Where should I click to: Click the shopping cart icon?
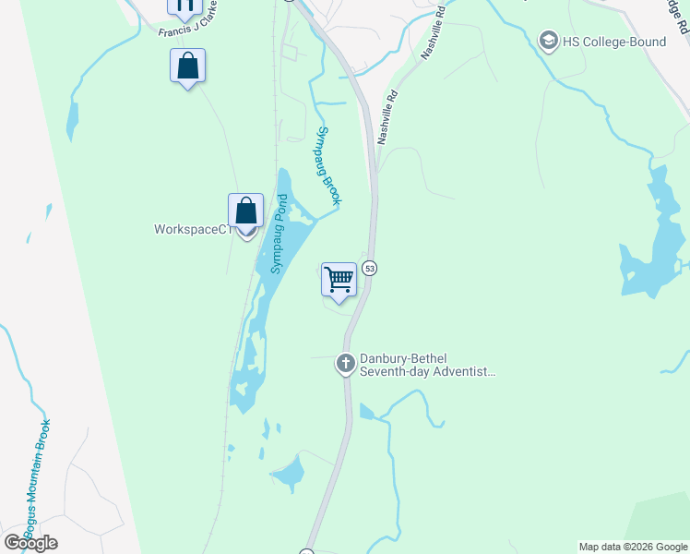(339, 279)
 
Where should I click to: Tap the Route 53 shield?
(369, 268)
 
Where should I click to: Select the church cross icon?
(346, 365)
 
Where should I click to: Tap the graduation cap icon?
(549, 42)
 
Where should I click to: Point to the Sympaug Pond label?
(279, 233)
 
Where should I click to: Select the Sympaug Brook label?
(329, 165)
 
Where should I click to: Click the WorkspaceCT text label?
(191, 229)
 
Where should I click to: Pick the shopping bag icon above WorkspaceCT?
(245, 211)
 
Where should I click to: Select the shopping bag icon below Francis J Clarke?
(187, 66)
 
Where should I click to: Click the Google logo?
(31, 543)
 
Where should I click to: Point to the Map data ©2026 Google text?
(634, 547)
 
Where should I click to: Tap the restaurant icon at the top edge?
(184, 6)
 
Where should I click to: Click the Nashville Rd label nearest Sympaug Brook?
(387, 115)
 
